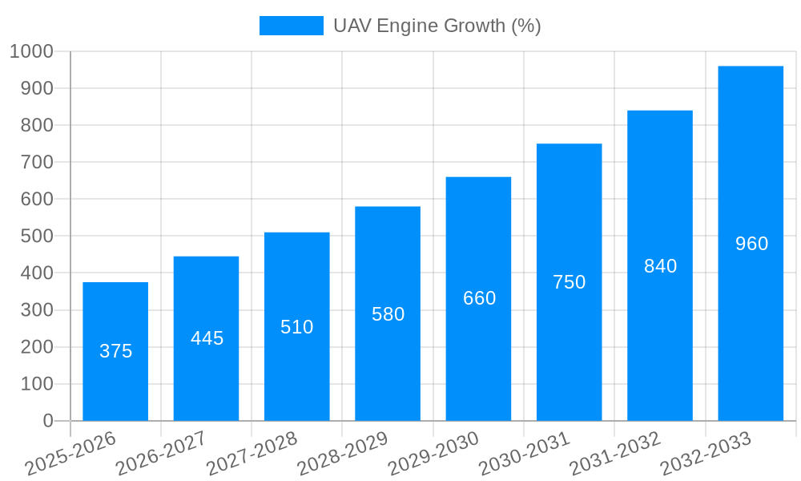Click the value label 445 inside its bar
(x=207, y=338)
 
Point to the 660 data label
(x=479, y=298)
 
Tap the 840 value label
(x=660, y=266)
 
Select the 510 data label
(x=297, y=327)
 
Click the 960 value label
(x=751, y=244)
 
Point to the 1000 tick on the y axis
(x=31, y=51)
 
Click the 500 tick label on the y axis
(x=37, y=236)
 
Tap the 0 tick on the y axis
(x=48, y=421)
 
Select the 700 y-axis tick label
(x=37, y=162)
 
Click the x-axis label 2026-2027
(x=161, y=454)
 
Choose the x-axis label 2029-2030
(x=433, y=454)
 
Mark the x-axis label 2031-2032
(x=615, y=454)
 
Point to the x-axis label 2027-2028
(x=252, y=454)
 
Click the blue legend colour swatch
(x=291, y=26)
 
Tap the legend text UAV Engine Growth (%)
(x=437, y=26)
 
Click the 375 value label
(x=115, y=351)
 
